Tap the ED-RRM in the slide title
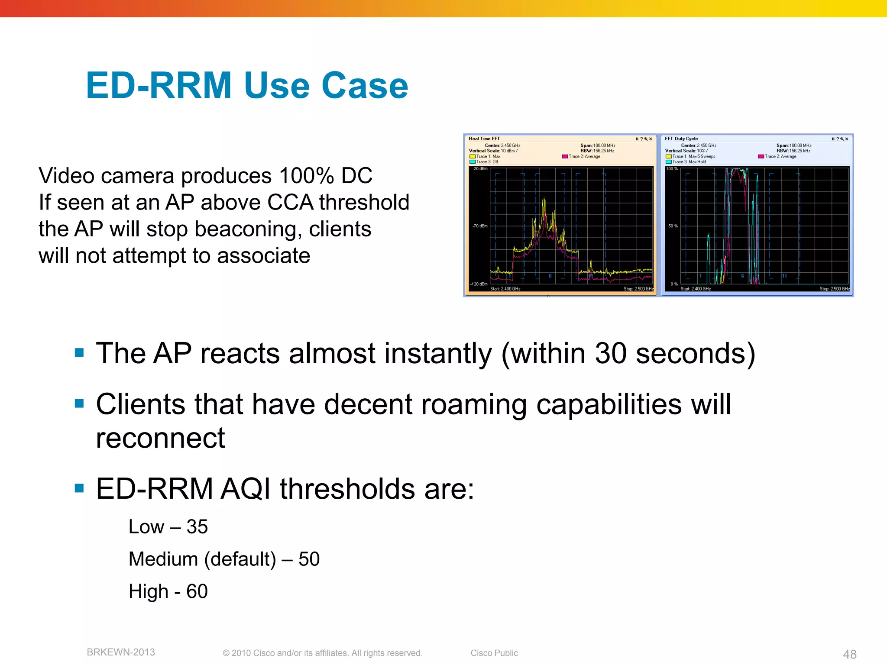point(159,86)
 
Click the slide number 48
point(849,654)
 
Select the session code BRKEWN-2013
point(121,652)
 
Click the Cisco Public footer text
point(494,653)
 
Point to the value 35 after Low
point(197,527)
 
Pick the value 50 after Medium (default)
point(309,559)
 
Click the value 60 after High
point(197,591)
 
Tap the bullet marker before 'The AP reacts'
point(79,352)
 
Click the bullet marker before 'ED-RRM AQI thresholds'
point(79,488)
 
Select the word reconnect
point(160,438)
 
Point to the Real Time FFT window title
point(484,139)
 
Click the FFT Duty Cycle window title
point(681,139)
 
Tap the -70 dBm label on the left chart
point(479,226)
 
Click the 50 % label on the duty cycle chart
point(673,226)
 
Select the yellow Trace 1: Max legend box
point(473,157)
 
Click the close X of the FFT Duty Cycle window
point(847,139)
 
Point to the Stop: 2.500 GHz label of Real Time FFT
point(638,289)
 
